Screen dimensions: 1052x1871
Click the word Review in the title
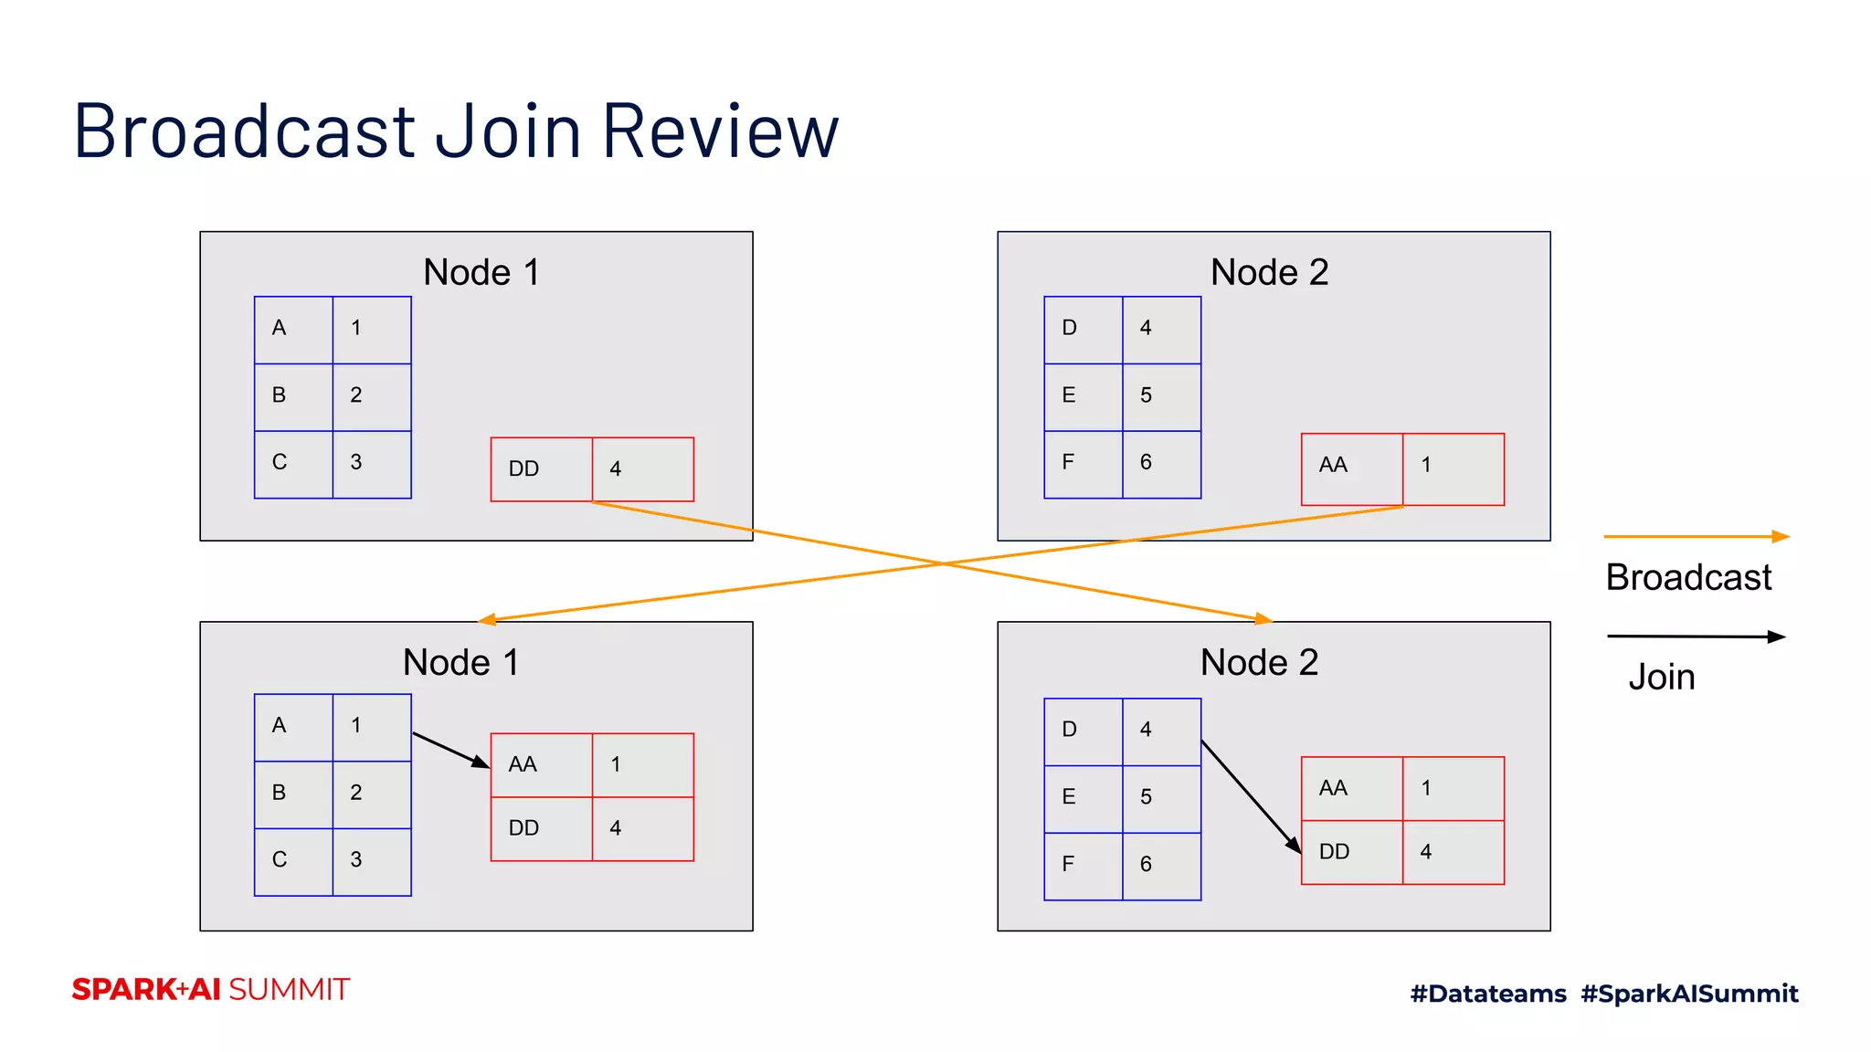pos(720,131)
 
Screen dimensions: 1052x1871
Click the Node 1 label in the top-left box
pos(481,272)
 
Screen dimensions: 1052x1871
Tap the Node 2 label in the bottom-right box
pos(1259,662)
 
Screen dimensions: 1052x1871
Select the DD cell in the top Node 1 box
pos(541,469)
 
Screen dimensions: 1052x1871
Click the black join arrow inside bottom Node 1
pos(450,750)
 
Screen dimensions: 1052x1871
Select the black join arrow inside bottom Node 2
pos(1250,795)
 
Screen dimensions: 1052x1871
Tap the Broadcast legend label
pos(1688,577)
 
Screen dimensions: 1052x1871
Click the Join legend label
pos(1661,677)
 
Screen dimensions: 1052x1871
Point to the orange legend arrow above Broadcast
pos(1695,537)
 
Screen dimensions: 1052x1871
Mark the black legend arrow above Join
pos(1695,636)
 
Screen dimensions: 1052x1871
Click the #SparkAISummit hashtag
pos(1689,994)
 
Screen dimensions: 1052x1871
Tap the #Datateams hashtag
pos(1488,994)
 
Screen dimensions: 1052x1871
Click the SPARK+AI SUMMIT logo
pos(211,990)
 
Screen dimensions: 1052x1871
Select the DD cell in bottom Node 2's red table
pos(1351,852)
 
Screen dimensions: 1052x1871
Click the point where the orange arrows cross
pos(943,563)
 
